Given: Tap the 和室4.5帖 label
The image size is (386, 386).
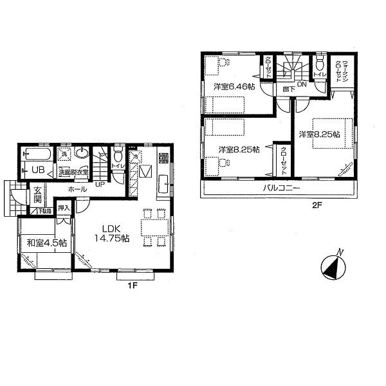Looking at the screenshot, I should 46,243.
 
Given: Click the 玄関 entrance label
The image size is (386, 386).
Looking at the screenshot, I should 39,194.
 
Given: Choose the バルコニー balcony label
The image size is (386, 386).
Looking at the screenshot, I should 281,188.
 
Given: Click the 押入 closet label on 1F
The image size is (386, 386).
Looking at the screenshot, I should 63,208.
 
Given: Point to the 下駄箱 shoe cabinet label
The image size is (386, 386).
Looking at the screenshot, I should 42,211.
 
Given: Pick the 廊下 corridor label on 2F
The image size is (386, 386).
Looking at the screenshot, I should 289,89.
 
